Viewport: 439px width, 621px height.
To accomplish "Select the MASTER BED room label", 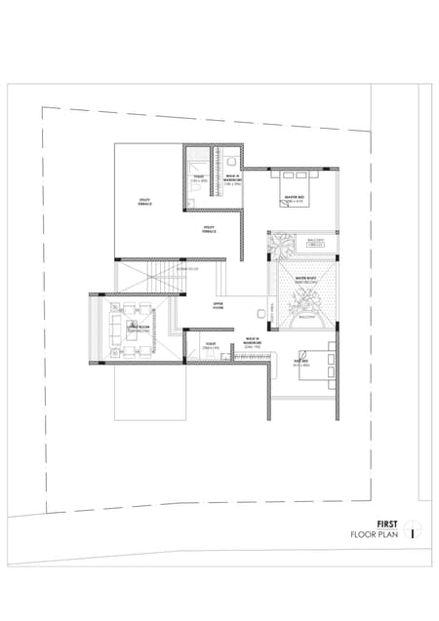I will (x=296, y=198).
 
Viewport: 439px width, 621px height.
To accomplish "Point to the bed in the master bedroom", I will (x=297, y=177).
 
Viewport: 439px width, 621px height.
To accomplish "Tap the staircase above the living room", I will (x=150, y=275).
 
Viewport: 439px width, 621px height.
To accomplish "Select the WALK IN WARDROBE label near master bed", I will (x=231, y=179).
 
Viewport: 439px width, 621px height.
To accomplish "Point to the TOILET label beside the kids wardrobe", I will (x=210, y=345).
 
